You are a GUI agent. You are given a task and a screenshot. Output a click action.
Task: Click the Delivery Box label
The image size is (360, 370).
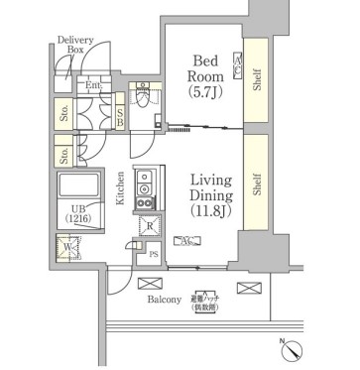[x=75, y=44]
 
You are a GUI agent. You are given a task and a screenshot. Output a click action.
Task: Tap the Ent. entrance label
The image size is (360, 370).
[x=94, y=86]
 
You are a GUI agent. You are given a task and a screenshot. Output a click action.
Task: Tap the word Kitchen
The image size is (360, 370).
[x=121, y=187]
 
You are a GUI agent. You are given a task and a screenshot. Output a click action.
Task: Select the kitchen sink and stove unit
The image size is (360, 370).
[x=145, y=187]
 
